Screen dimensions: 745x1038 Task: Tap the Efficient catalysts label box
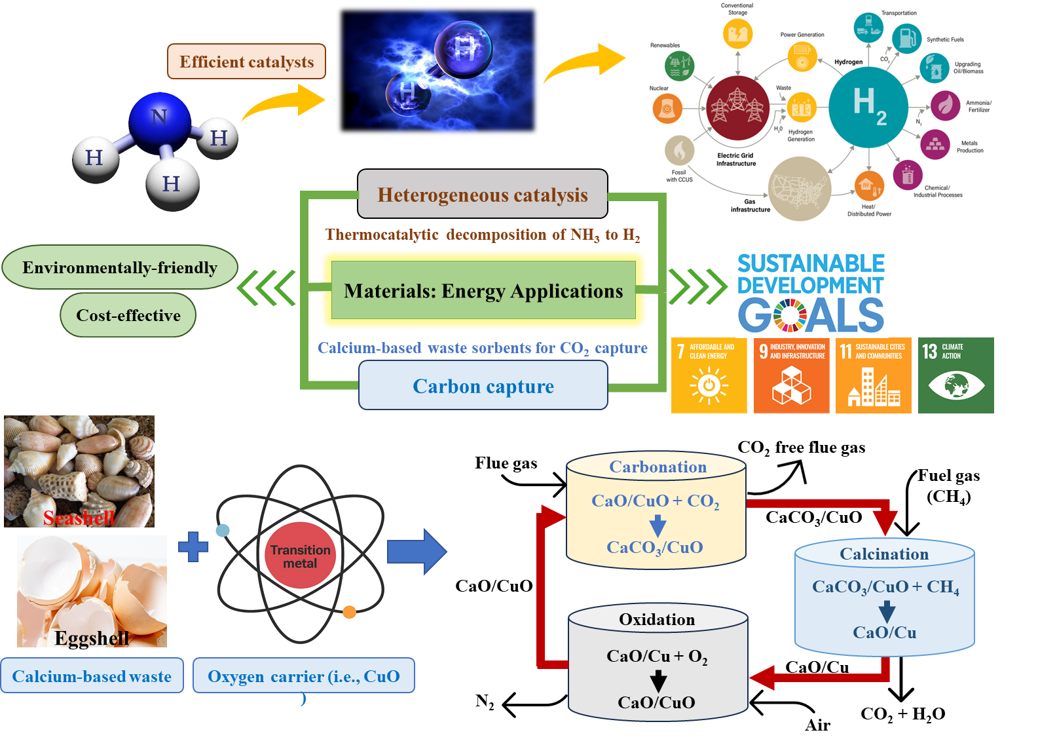(x=246, y=62)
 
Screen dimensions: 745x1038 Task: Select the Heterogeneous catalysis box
(x=483, y=195)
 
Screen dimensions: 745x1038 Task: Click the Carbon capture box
(x=483, y=387)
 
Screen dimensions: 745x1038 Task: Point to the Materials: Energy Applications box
(x=483, y=290)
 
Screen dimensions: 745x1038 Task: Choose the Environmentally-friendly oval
(x=120, y=267)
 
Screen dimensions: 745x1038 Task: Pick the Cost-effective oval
(x=128, y=315)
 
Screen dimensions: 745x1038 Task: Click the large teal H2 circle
(x=868, y=107)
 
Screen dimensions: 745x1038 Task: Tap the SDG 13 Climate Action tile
(x=955, y=375)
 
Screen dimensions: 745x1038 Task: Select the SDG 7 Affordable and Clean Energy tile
(x=709, y=375)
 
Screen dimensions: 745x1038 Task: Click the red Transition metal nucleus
(x=300, y=556)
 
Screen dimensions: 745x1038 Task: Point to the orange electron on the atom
(x=349, y=612)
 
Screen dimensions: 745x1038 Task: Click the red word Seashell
(x=79, y=518)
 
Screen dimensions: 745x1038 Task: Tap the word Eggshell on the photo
(x=92, y=638)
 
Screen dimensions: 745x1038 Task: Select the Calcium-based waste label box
(x=92, y=676)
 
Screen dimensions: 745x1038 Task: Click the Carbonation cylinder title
(x=658, y=467)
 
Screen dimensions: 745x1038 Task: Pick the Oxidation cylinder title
(x=657, y=619)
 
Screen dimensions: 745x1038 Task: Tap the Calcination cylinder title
(x=884, y=554)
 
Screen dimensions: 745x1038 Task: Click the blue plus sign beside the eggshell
(x=193, y=546)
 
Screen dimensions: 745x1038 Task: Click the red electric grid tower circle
(x=737, y=107)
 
